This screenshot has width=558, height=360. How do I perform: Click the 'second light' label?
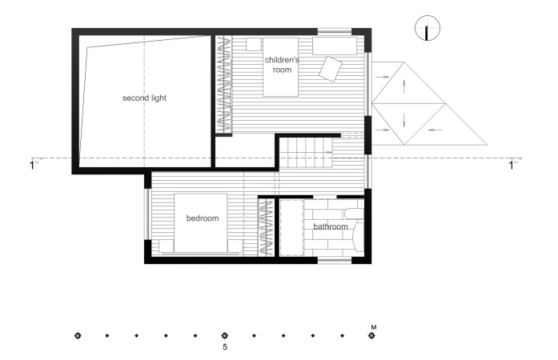click(144, 98)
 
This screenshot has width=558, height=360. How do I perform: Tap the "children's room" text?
click(282, 65)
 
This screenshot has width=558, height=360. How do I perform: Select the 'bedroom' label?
click(203, 218)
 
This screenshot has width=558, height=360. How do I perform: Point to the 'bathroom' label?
click(331, 226)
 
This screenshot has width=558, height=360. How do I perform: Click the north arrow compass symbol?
click(428, 28)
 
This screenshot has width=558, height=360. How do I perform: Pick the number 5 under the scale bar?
click(225, 347)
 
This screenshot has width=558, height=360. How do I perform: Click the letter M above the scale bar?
click(374, 327)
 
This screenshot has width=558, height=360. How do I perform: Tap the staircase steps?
click(305, 153)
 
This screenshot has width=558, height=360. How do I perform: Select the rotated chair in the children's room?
click(331, 69)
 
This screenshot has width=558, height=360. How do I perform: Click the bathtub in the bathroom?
click(292, 228)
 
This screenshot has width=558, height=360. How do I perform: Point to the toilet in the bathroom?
click(354, 214)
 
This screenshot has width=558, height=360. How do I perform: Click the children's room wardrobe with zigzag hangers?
click(224, 85)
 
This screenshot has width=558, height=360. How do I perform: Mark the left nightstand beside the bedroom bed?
click(166, 246)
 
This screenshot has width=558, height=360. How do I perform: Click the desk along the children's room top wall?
click(335, 46)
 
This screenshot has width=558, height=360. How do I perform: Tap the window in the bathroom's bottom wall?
click(335, 261)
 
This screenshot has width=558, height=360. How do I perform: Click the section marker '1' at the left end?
click(32, 166)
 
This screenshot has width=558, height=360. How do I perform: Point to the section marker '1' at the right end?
click(511, 166)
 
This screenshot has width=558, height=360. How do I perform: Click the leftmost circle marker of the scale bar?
click(78, 335)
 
